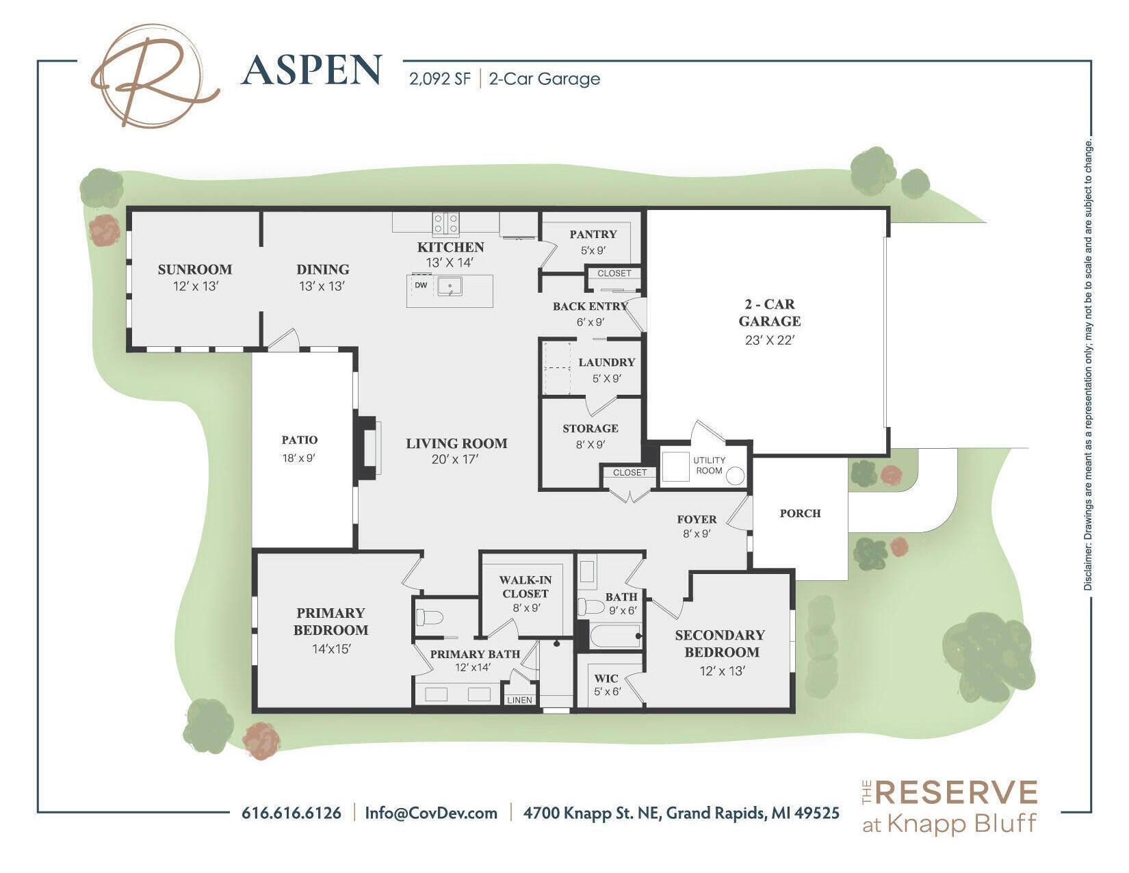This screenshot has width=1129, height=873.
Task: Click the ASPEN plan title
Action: (311, 70)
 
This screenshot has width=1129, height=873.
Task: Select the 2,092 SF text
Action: (440, 79)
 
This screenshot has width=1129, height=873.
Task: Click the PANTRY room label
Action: (593, 234)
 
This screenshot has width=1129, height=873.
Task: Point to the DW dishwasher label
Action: (421, 285)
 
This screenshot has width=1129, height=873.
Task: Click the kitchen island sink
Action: (450, 286)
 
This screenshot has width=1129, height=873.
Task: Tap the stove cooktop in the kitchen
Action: (446, 222)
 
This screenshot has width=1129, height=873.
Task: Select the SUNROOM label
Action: (195, 269)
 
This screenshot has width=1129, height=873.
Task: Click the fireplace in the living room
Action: (369, 447)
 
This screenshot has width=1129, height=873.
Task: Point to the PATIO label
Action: (299, 440)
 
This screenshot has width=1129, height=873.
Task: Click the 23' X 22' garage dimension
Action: (768, 340)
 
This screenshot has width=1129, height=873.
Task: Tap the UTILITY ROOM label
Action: (709, 465)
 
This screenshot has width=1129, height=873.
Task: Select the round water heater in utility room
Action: (735, 476)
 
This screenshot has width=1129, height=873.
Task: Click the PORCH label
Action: (800, 513)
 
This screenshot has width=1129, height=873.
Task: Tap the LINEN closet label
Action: (519, 700)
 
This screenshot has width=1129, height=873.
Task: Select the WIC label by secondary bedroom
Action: (606, 679)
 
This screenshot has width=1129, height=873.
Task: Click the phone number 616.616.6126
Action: (291, 813)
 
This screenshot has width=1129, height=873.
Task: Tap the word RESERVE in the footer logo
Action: (957, 793)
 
